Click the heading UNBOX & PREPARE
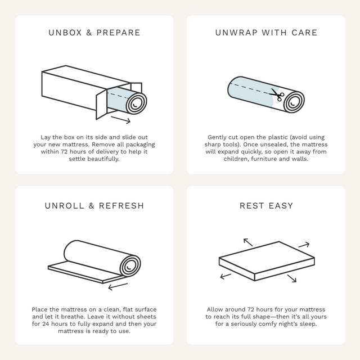click(94, 33)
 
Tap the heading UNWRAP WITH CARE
click(266, 33)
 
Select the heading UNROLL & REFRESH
click(94, 206)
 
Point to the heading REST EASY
click(266, 206)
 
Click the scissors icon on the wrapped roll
click(277, 94)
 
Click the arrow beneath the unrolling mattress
click(118, 286)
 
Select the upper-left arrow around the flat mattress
click(248, 242)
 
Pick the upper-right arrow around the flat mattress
click(304, 245)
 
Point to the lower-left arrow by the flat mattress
click(226, 276)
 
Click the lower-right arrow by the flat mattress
click(292, 278)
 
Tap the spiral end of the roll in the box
click(136, 103)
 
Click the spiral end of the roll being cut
click(294, 102)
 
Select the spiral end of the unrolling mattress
click(130, 266)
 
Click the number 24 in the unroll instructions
click(46, 324)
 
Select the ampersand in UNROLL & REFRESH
click(91, 206)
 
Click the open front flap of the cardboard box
click(101, 105)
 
